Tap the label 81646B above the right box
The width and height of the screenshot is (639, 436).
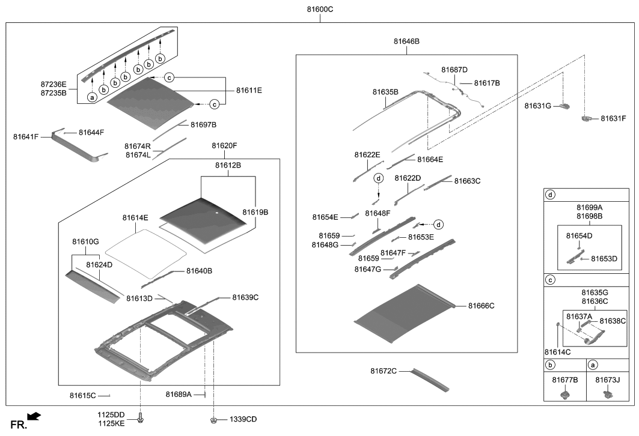coord(406,41)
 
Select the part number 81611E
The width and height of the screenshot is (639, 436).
coord(248,90)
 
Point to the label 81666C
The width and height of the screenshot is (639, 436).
coord(481,306)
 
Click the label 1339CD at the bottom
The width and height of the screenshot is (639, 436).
coord(243,419)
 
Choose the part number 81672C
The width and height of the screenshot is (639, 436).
coord(384,371)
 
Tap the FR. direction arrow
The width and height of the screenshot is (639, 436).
coord(34,415)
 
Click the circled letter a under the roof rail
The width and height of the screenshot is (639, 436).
coord(92,97)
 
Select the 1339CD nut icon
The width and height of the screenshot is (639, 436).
coord(214,419)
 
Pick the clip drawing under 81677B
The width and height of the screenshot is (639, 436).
coord(564,394)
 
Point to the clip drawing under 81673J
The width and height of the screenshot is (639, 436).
coord(608,394)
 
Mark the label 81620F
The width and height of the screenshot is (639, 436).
coord(224,146)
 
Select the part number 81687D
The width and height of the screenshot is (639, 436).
coord(454,70)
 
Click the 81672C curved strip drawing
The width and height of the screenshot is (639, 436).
coord(430,380)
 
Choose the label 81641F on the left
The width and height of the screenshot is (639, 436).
coord(26,137)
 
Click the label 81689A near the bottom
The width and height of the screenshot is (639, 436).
coord(179,394)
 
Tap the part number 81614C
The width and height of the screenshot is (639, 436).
coord(557,351)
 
